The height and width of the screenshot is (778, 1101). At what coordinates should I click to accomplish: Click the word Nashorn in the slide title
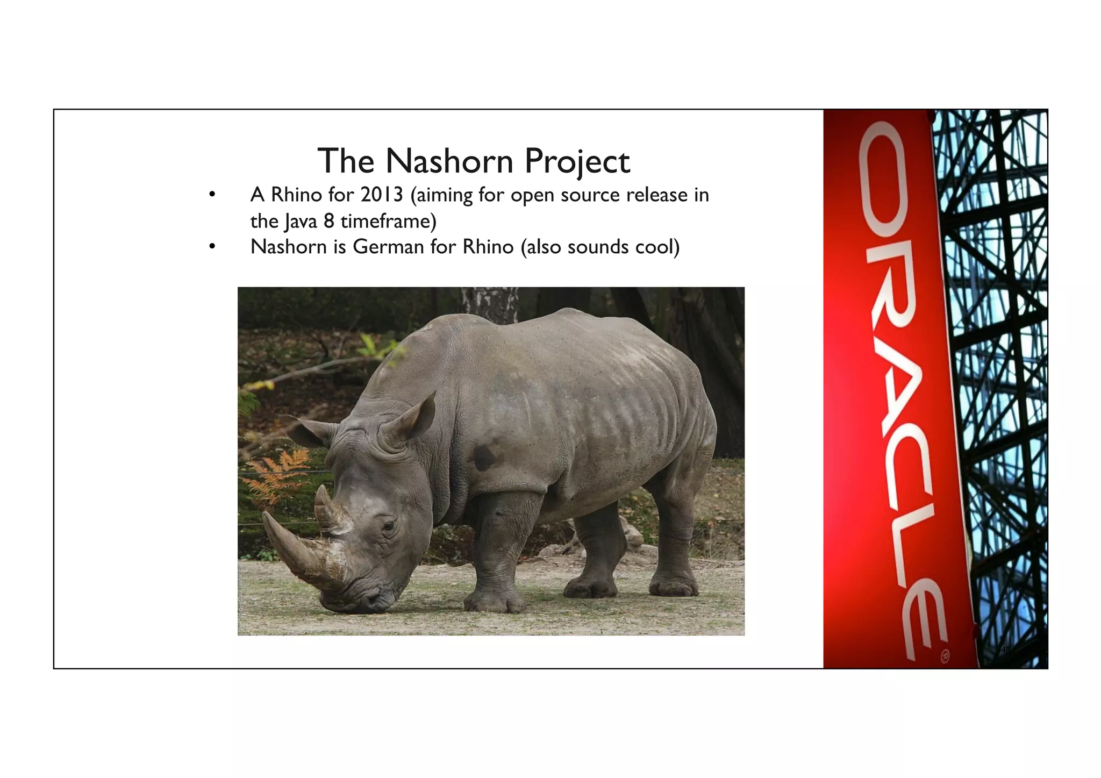point(449,161)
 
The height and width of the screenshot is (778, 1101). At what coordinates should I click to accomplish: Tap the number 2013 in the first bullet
point(381,195)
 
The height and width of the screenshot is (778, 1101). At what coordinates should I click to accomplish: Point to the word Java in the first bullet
point(300,221)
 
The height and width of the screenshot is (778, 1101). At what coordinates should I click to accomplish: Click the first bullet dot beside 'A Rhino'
point(212,195)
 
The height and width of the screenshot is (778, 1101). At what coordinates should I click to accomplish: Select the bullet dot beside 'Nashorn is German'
point(212,247)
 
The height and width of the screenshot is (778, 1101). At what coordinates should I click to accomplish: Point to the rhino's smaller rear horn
point(326,508)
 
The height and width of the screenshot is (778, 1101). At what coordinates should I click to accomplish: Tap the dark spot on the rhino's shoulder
point(483,457)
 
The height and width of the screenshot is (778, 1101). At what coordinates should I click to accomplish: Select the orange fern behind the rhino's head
point(280,473)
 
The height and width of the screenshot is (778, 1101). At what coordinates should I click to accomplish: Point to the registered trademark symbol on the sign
point(945,656)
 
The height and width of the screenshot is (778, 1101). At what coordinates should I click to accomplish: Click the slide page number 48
point(1005,649)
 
